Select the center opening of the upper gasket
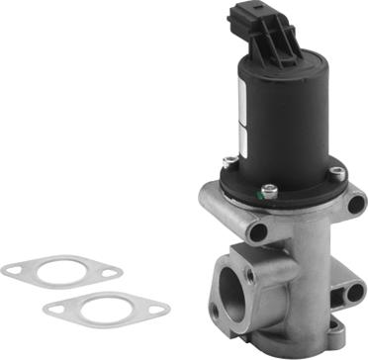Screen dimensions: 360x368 pos(58,271)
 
